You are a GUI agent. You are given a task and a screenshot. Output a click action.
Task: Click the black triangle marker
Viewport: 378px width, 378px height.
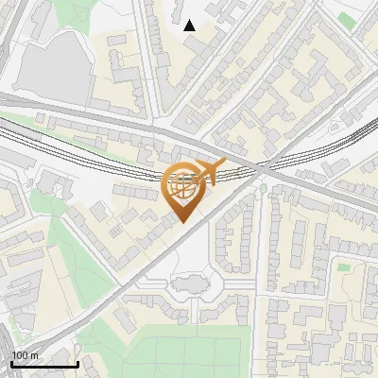click(190, 26)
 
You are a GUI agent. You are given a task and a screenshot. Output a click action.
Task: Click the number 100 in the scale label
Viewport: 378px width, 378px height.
click(20, 355)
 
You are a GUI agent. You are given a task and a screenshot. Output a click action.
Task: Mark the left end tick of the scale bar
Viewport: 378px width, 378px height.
click(10, 363)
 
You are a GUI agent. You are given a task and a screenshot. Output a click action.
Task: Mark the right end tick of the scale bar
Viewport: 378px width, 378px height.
click(77, 363)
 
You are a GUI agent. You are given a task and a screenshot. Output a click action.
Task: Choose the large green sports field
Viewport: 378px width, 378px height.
click(189, 354)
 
